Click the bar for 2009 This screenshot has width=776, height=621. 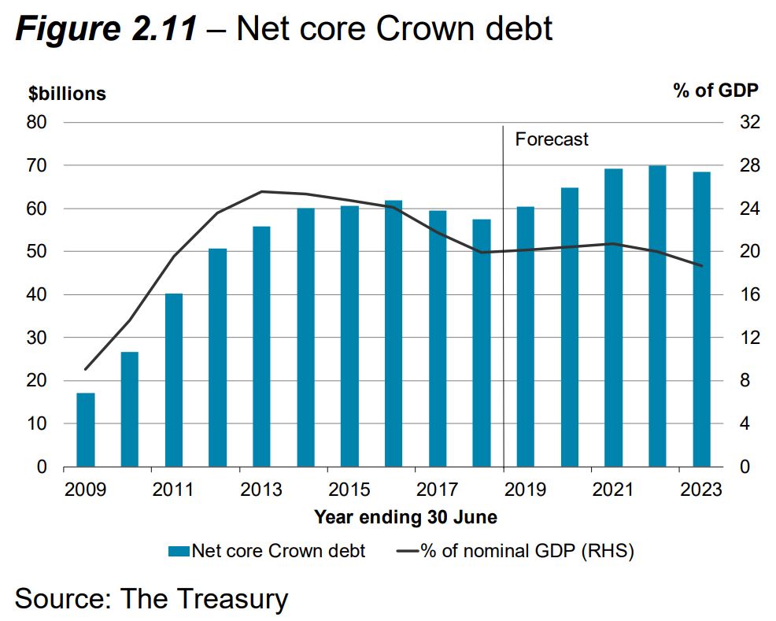[x=85, y=430]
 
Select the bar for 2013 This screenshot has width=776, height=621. [x=261, y=346]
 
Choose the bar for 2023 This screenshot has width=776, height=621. [x=701, y=320]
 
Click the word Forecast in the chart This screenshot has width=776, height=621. [x=552, y=140]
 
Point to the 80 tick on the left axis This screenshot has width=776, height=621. [x=39, y=123]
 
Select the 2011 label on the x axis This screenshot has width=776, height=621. [x=173, y=490]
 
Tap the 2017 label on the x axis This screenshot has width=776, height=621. [x=438, y=490]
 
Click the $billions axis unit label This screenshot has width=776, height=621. [x=67, y=94]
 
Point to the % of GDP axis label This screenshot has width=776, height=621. [x=715, y=91]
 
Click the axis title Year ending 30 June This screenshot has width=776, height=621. [x=405, y=517]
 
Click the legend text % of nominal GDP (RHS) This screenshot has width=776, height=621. [x=527, y=551]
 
